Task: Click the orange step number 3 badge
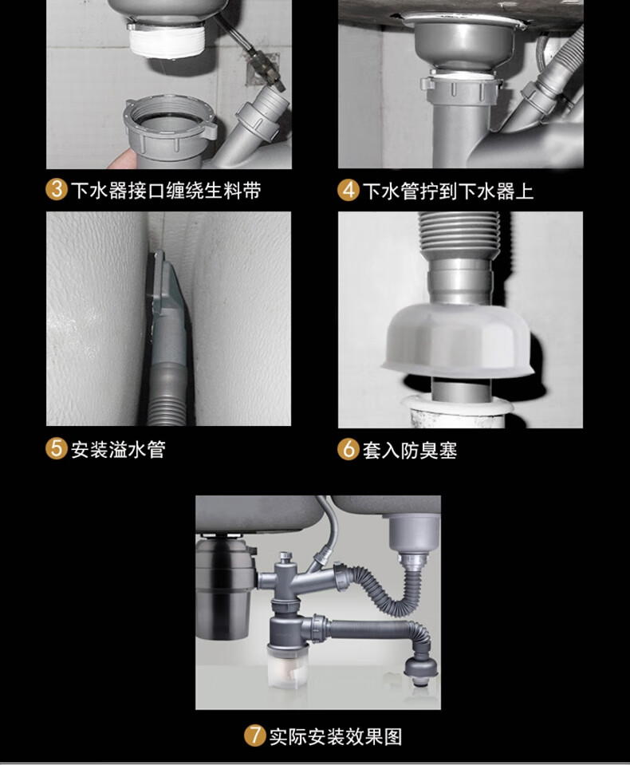pyautogui.click(x=56, y=189)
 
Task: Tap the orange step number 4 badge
pyautogui.click(x=348, y=190)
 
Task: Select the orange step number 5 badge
pyautogui.click(x=56, y=448)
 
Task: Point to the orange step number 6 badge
pyautogui.click(x=348, y=449)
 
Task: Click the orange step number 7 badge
pyautogui.click(x=255, y=736)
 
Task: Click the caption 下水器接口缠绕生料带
pyautogui.click(x=166, y=190)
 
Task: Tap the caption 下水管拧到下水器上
pyautogui.click(x=448, y=191)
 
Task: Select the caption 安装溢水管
pyautogui.click(x=119, y=449)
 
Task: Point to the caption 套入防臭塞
pyautogui.click(x=410, y=450)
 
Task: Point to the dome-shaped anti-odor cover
pyautogui.click(x=457, y=341)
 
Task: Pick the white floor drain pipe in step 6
pyautogui.click(x=456, y=412)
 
